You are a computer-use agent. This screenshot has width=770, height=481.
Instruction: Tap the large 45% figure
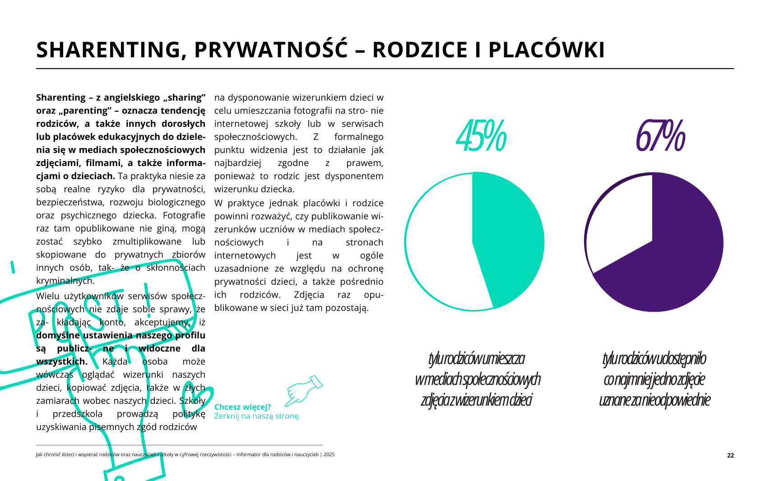[x=481, y=135]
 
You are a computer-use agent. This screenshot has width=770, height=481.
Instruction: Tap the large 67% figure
[x=660, y=135]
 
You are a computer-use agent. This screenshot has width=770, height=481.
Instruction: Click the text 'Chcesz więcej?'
[x=242, y=407]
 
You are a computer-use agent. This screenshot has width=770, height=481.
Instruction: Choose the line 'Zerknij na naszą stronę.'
[x=257, y=416]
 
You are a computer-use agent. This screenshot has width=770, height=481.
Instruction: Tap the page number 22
[x=730, y=455]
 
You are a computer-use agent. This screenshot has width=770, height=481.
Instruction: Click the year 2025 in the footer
[x=329, y=454]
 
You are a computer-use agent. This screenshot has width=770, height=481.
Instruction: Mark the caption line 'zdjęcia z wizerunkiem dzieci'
[x=476, y=400]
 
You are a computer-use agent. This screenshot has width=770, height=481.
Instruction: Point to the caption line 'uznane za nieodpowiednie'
[x=654, y=400]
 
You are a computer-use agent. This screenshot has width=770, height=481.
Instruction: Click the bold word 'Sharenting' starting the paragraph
[x=61, y=97]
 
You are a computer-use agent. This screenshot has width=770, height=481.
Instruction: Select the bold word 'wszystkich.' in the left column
[x=62, y=361]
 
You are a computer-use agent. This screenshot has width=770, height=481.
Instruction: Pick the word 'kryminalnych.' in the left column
[x=65, y=281]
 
